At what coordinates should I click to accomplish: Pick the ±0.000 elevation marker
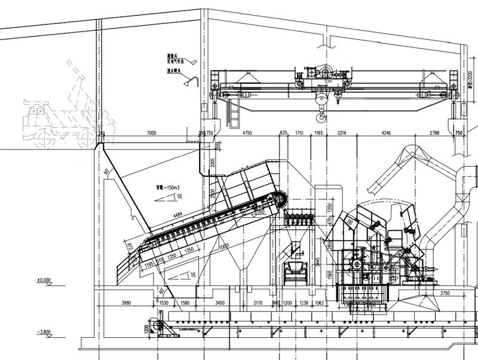pyautogui.click(x=44, y=279)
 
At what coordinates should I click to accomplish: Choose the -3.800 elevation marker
pyautogui.click(x=44, y=331)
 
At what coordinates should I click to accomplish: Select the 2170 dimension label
pyautogui.click(x=258, y=303)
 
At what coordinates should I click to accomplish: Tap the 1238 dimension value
pyautogui.click(x=304, y=303)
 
